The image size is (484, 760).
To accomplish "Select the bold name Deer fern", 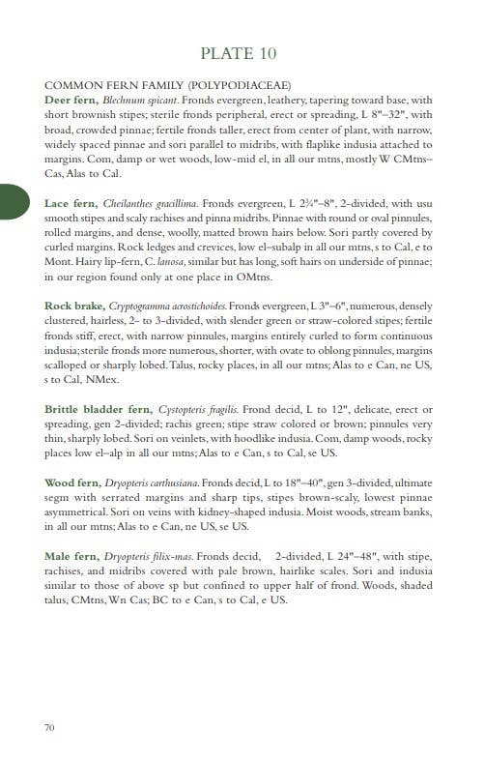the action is [x=71, y=100].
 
